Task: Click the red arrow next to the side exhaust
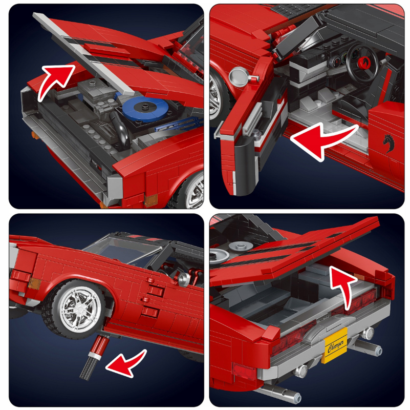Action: click(126, 364)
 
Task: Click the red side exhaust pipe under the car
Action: click(98, 346)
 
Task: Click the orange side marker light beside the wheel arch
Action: click(34, 283)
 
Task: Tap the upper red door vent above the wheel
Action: click(155, 288)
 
